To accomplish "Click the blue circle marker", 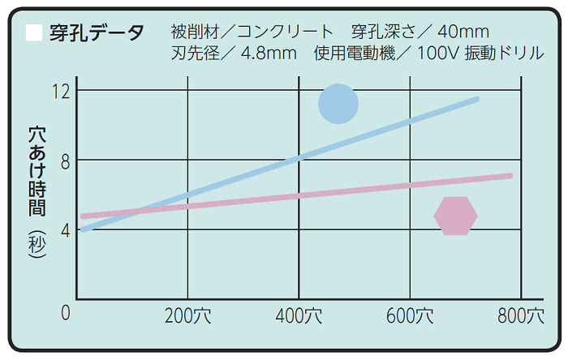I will (338, 104).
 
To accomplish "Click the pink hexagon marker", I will (456, 216).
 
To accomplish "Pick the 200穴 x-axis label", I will (187, 315).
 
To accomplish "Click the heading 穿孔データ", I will (97, 33).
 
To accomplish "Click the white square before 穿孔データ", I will (34, 33).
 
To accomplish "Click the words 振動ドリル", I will (515, 54).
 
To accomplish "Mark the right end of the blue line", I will (476, 99).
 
